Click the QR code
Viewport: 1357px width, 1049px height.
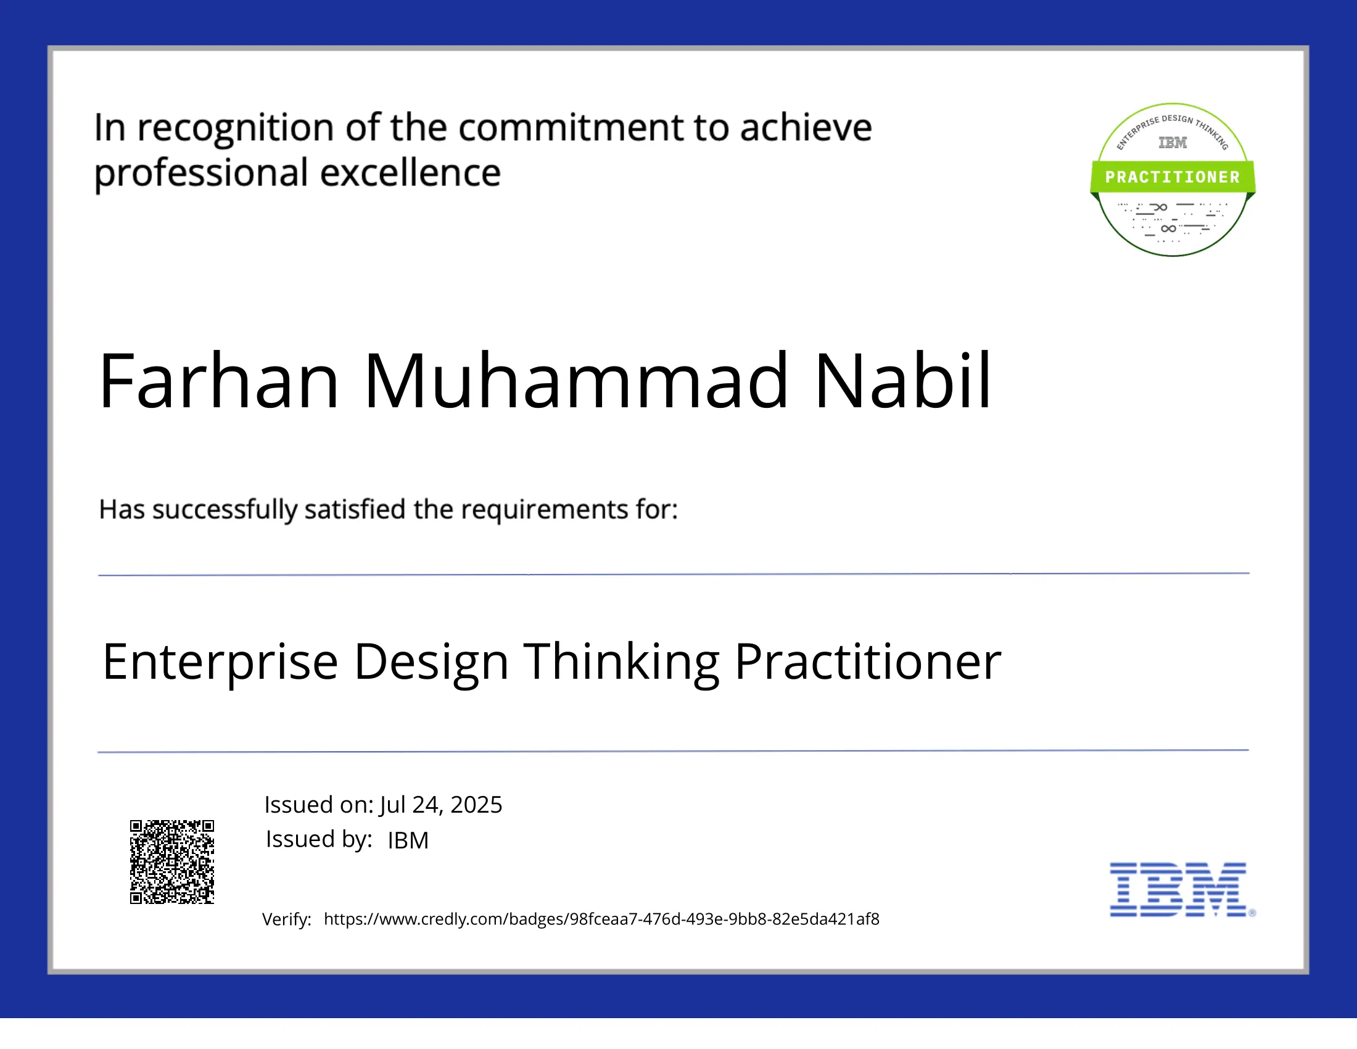[172, 861]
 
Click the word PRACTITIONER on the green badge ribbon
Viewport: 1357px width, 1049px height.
[1173, 177]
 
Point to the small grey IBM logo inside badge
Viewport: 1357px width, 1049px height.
[1173, 143]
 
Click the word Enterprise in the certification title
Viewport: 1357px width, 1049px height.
[220, 663]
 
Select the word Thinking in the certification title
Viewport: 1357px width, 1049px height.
[622, 663]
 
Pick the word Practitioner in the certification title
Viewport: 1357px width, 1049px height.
[867, 663]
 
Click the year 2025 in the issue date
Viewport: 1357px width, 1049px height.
[476, 805]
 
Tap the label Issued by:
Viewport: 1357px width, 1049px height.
[319, 839]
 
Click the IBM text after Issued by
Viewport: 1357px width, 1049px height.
[408, 840]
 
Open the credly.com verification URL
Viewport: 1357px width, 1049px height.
[601, 919]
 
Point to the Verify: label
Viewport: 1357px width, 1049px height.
[286, 919]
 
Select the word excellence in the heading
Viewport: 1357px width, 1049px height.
[410, 173]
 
